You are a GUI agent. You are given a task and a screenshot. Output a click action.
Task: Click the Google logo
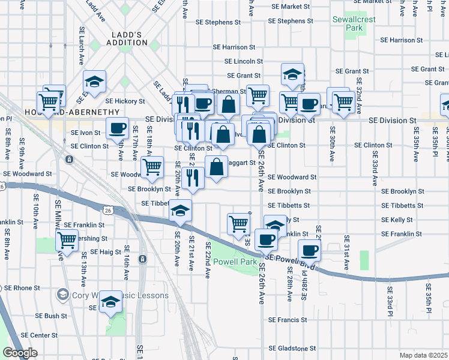[x=20, y=353]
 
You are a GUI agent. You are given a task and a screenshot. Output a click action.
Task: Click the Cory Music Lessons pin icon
[x=62, y=295]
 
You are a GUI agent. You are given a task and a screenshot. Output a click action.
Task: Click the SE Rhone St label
[x=21, y=287]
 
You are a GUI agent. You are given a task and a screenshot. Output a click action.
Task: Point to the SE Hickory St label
[x=125, y=101]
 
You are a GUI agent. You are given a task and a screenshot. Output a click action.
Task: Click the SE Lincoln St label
[x=244, y=61]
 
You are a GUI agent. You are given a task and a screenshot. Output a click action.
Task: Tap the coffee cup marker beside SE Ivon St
[x=117, y=127]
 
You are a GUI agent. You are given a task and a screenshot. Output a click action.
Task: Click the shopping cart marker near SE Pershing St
[x=66, y=240]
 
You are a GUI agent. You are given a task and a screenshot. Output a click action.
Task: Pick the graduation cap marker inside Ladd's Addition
[x=94, y=81]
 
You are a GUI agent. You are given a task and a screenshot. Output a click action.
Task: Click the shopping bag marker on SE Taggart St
[x=217, y=166]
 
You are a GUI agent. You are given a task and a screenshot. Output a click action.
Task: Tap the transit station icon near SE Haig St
[x=142, y=259]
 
